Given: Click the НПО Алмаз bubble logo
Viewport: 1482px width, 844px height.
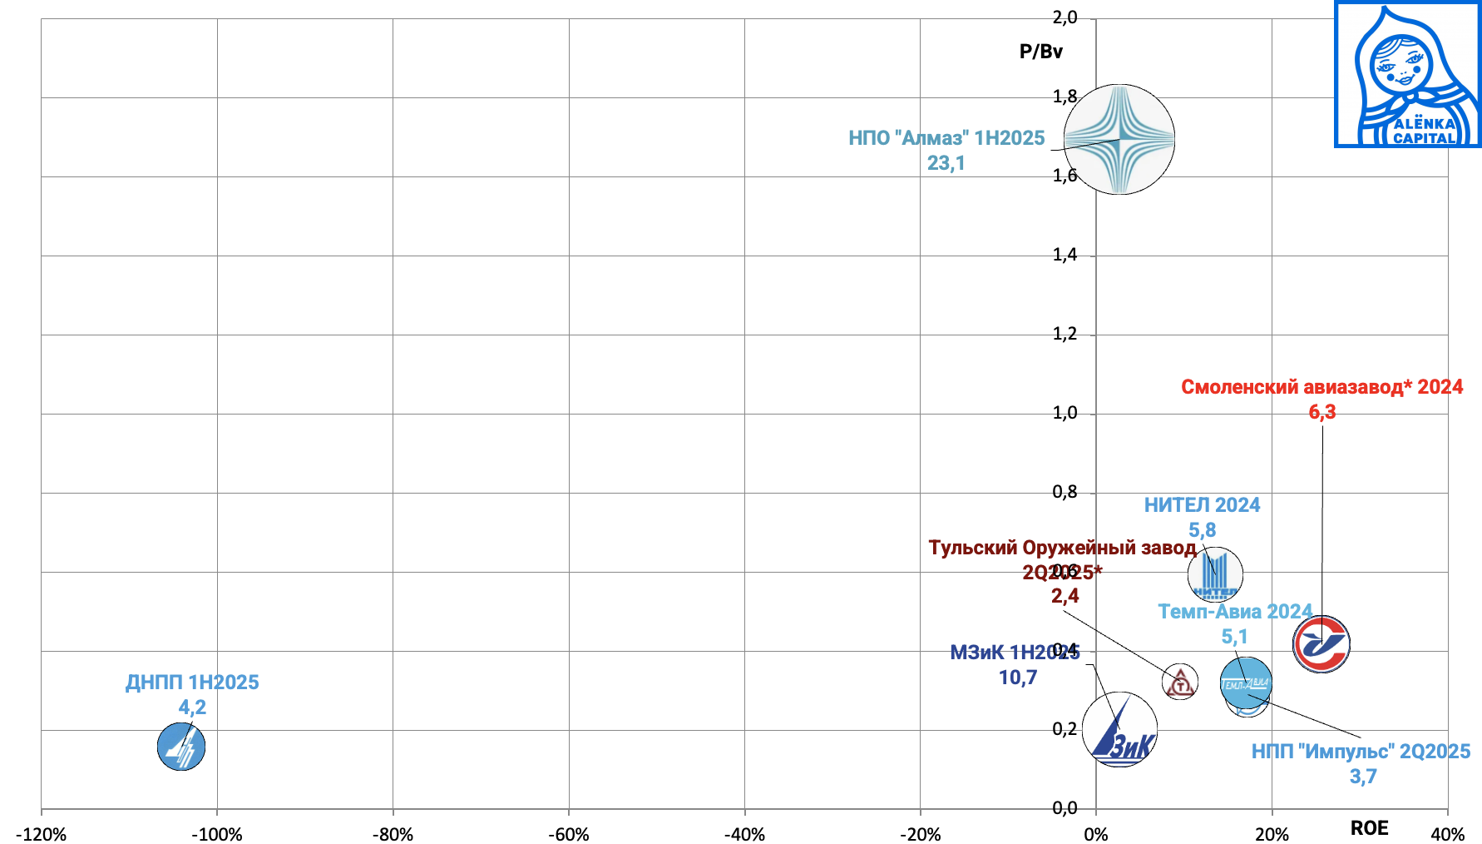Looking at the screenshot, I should [x=1119, y=139].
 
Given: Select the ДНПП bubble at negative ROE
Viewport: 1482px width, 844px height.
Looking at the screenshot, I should [x=180, y=747].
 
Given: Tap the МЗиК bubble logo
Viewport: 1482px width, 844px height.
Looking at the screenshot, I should [x=1119, y=730].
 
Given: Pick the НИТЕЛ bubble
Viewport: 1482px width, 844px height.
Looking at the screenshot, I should [x=1215, y=574].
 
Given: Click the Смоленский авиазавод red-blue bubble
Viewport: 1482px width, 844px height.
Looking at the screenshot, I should [x=1321, y=644].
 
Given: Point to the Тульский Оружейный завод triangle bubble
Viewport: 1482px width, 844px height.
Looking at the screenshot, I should [x=1179, y=683].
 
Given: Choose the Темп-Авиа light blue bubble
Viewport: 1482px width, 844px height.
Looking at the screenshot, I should [x=1246, y=683].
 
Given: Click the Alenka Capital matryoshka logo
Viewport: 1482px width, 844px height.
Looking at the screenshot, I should [x=1408, y=74].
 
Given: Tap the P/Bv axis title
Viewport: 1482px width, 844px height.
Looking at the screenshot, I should [x=1040, y=52].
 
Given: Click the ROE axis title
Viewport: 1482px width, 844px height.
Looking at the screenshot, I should [x=1369, y=828].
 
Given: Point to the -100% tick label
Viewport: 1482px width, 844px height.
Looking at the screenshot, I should [x=217, y=834].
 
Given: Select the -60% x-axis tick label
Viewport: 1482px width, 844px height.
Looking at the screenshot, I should [x=569, y=834].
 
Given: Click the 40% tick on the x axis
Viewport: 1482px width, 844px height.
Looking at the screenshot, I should [x=1447, y=834].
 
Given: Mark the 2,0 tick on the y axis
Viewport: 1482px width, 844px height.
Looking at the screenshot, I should [x=1065, y=17].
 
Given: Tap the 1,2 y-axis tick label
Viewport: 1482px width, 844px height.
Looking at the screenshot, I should [x=1065, y=335].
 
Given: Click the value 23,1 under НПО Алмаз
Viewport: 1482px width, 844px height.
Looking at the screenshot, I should [x=946, y=163].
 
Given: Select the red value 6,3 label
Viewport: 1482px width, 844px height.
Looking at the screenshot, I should [x=1321, y=412].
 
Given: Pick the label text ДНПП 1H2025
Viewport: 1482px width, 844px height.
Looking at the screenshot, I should [x=192, y=683].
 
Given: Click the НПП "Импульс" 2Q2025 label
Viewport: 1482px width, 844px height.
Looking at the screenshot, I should [x=1361, y=752].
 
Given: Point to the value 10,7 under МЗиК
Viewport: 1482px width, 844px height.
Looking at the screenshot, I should [x=1018, y=678].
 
